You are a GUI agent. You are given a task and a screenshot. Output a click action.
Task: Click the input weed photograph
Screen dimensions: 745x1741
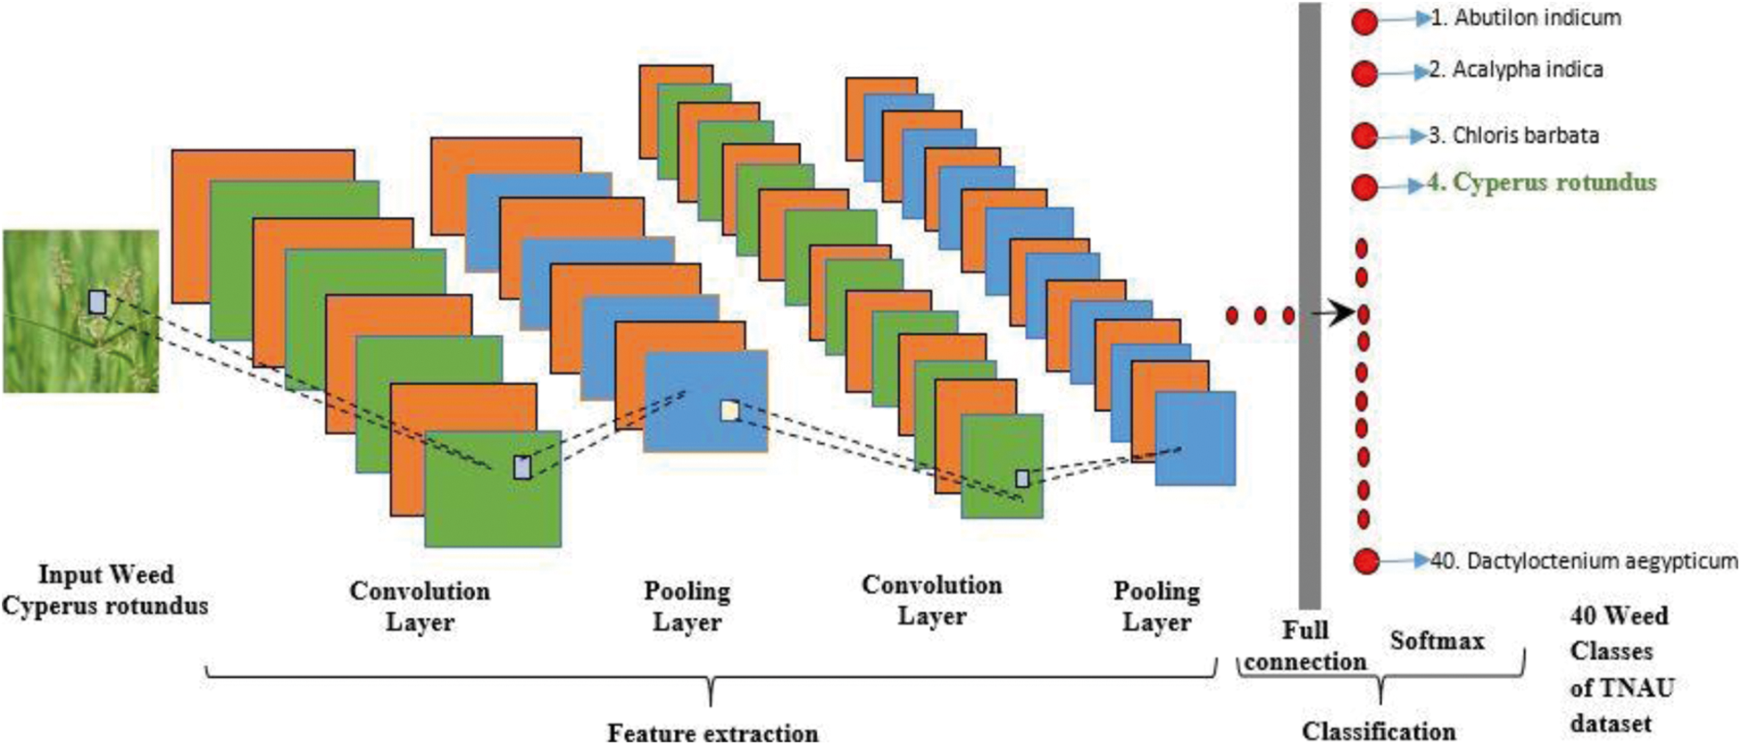[80, 311]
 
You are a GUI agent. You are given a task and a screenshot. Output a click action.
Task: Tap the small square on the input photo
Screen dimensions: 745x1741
[97, 302]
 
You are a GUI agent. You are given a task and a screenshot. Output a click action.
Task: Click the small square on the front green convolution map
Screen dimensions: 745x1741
[522, 466]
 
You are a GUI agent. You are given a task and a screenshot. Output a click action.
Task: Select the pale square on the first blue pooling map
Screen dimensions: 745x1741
[729, 410]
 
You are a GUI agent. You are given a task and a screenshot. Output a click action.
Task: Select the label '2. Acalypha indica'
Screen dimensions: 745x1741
[1515, 70]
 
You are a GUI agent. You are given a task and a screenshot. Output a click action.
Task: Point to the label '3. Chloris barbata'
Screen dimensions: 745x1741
[1512, 136]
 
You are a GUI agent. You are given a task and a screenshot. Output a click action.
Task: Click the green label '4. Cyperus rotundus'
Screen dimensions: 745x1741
[1541, 183]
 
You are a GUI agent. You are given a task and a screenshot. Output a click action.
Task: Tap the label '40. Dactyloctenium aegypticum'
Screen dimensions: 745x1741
[1584, 561]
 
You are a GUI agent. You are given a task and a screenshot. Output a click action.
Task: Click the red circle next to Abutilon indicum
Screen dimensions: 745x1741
[1364, 21]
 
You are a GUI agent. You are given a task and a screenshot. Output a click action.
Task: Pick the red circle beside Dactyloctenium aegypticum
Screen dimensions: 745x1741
[1366, 561]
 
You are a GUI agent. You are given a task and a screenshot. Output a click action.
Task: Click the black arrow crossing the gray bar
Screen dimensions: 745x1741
[1334, 314]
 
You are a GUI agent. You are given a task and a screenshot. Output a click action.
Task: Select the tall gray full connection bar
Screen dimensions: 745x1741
[1309, 304]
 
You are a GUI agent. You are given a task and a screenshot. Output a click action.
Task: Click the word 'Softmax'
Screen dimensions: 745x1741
[1437, 640]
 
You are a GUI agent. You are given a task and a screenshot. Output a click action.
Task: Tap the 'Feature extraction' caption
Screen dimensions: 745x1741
[712, 732]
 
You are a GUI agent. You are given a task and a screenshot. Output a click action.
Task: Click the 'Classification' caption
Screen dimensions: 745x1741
[1379, 731]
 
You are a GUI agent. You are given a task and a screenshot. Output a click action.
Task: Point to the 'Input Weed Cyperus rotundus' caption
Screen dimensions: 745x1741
[105, 590]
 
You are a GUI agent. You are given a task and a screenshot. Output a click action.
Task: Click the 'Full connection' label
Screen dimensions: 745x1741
[1305, 646]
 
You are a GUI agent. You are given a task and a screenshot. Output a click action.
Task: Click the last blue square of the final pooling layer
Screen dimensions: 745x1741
[1195, 438]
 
